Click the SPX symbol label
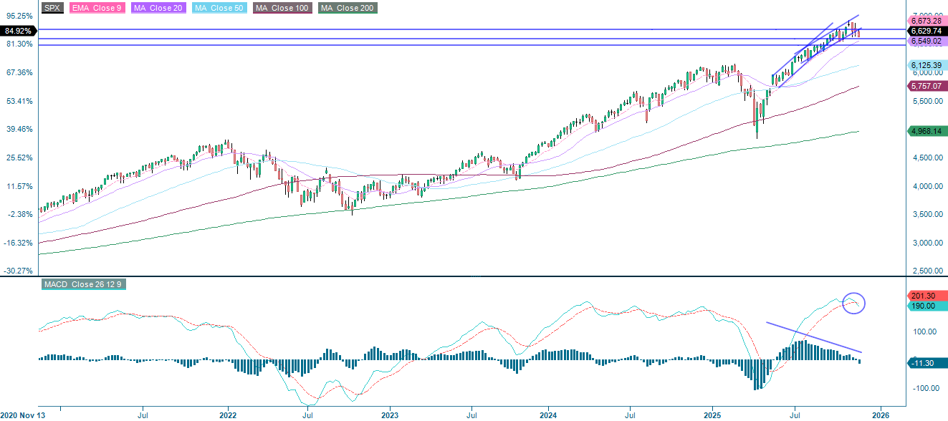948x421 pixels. (x=51, y=8)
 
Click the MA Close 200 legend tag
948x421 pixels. (x=348, y=8)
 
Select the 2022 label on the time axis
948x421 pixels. (x=228, y=414)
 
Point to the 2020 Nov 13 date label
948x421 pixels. (x=24, y=414)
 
